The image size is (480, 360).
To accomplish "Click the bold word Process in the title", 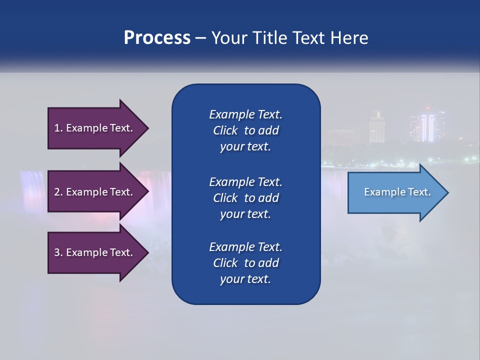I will [x=157, y=38].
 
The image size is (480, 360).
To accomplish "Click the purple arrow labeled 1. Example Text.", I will [x=95, y=128].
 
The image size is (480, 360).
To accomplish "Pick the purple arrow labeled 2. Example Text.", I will [x=95, y=192].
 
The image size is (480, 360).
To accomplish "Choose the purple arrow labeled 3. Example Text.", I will [x=95, y=252].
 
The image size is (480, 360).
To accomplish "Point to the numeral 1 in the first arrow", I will [x=57, y=128].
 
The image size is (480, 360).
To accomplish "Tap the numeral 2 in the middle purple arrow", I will [x=57, y=192].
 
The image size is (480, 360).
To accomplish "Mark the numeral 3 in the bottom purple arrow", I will [x=57, y=252].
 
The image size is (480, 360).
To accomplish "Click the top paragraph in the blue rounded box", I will [x=245, y=130].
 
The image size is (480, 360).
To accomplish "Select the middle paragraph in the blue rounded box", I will [x=245, y=198].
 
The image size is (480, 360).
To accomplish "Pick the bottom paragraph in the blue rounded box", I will [x=245, y=263].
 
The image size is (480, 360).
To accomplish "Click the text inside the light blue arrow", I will [x=397, y=192].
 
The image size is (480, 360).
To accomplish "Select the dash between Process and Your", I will [x=200, y=38].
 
